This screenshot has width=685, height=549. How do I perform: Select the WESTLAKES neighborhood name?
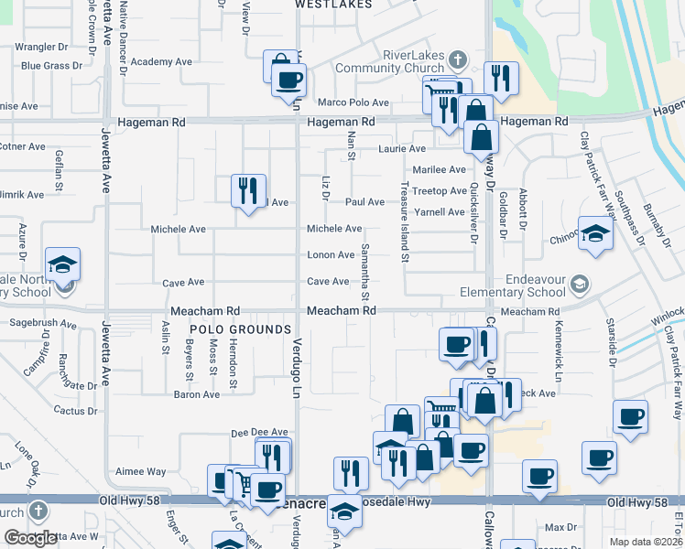click(334, 5)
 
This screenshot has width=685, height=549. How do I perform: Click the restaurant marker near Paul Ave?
click(249, 190)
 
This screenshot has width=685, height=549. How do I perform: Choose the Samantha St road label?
click(364, 273)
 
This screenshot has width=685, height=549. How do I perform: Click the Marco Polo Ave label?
click(353, 102)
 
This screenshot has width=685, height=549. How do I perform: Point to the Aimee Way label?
click(141, 471)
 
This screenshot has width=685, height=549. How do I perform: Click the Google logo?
click(30, 538)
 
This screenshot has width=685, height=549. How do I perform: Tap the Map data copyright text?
click(647, 542)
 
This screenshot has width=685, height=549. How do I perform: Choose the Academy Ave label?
click(161, 61)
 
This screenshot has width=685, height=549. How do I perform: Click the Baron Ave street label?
click(197, 394)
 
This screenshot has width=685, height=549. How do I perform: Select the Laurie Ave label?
click(403, 148)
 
